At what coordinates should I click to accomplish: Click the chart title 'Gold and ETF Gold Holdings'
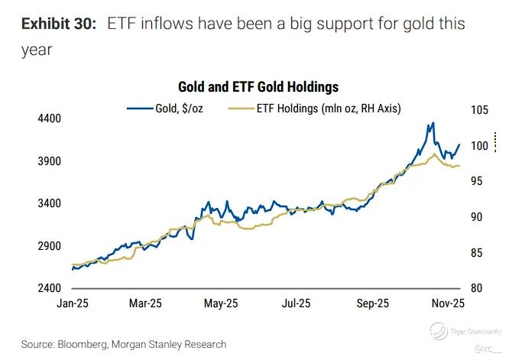tap(258, 88)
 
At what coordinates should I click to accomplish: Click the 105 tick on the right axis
tap(478, 109)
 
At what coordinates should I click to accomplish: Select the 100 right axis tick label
tap(478, 146)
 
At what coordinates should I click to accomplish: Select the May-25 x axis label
tap(222, 303)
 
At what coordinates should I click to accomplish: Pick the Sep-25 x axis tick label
tap(372, 303)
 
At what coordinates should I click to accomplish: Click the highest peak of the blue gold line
tap(433, 123)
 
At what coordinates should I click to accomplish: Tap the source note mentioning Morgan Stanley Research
tap(124, 344)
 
